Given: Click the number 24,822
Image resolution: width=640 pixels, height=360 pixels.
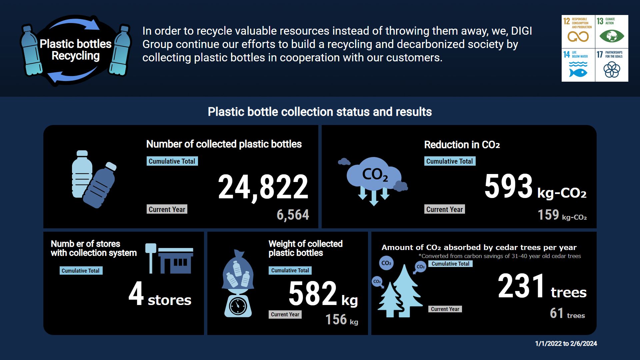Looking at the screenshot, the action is tap(263, 187).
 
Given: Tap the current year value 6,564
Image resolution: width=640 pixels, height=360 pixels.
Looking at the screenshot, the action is tap(293, 215).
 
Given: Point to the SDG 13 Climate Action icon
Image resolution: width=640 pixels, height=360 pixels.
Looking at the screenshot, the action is tap(612, 32).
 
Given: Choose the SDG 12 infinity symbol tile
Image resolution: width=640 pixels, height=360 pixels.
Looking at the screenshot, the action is tap(578, 32).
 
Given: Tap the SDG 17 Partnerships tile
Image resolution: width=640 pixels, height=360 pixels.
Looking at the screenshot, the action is tap(612, 65).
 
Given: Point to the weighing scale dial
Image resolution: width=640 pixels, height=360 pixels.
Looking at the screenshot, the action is tap(238, 305).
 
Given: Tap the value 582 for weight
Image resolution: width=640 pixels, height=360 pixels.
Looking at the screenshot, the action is tap(313, 293).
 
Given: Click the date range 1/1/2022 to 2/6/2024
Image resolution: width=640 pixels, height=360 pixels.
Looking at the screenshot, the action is tap(566, 344).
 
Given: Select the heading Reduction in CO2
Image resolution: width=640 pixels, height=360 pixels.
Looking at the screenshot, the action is tap(462, 145).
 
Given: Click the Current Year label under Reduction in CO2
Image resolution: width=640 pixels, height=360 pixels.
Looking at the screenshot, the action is tap(445, 209).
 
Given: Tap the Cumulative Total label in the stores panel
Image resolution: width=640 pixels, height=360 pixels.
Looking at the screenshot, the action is tap(81, 271).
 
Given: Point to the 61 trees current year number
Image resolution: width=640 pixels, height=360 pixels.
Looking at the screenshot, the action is tap(557, 313).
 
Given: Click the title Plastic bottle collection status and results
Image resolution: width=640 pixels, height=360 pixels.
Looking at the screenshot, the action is tap(320, 112).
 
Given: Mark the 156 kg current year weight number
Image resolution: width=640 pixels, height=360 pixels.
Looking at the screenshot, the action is tap(336, 320).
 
